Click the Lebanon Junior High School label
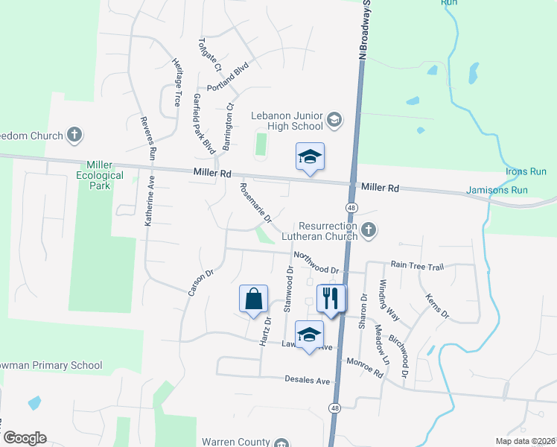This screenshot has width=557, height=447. [x=287, y=121]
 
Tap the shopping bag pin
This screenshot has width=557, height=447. [x=253, y=298]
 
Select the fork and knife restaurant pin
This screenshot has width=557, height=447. [x=331, y=297]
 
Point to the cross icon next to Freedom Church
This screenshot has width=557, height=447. [x=74, y=135]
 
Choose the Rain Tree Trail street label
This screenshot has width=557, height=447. [x=417, y=265]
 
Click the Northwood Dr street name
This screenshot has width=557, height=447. [x=316, y=262]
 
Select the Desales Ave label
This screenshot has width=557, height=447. [x=307, y=380]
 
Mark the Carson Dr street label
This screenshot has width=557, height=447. [x=201, y=278]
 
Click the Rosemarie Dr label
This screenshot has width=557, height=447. [x=252, y=203]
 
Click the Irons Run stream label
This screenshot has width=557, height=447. [x=526, y=172]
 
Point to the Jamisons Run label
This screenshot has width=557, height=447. [x=497, y=190]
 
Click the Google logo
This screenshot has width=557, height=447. [x=25, y=437]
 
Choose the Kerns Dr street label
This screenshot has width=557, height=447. [x=437, y=307]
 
